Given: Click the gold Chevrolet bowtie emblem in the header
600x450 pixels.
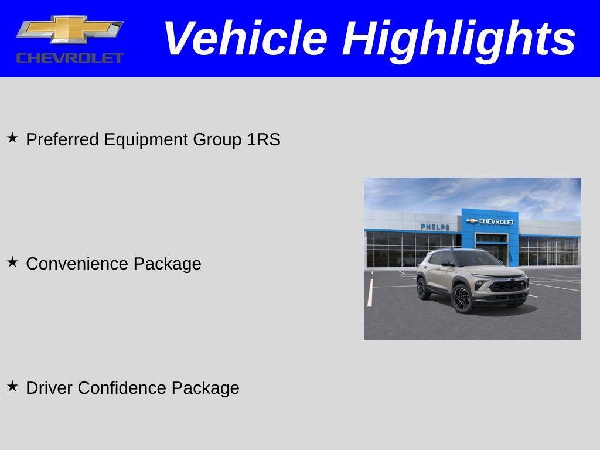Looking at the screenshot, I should click(70, 30).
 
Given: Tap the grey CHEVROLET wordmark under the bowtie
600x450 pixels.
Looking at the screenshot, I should click(70, 57).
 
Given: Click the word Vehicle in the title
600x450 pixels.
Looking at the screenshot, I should click(245, 39).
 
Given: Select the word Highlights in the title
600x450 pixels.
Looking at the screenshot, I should click(459, 39).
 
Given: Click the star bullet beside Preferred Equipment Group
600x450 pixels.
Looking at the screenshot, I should click(12, 138).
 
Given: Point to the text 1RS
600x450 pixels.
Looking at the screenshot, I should click(264, 139).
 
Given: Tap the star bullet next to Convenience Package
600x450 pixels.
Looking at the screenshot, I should click(12, 262).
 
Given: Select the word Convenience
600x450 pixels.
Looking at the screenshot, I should click(77, 264).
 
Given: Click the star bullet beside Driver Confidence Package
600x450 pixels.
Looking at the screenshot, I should click(12, 386).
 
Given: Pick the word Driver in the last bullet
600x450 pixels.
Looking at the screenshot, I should click(50, 388).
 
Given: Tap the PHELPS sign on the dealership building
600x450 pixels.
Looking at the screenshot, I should click(435, 227).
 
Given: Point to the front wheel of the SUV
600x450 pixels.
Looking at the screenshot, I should click(462, 298).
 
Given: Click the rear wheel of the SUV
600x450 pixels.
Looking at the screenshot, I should click(422, 288).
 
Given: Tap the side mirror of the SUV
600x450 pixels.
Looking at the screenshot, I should click(446, 264).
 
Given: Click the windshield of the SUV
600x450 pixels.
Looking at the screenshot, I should click(475, 258).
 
